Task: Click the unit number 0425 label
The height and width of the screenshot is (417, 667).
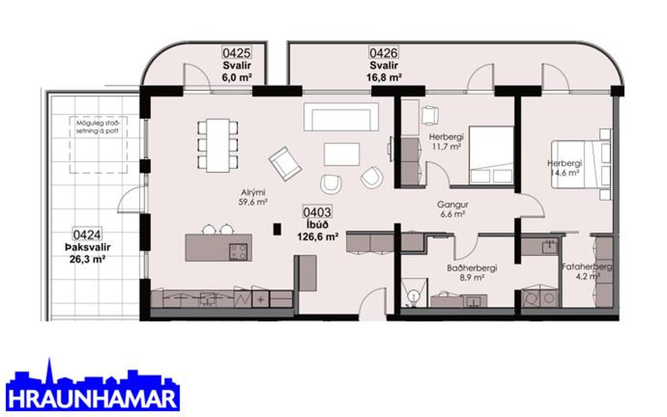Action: [237, 53]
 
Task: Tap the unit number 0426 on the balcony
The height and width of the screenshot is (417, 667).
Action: [383, 53]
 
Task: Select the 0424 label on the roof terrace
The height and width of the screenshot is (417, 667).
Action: [87, 235]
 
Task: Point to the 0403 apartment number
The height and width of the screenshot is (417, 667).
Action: [317, 212]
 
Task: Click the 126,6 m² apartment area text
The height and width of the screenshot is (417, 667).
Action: [318, 237]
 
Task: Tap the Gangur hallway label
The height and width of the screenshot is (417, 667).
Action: [453, 204]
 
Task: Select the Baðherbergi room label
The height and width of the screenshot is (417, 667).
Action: [472, 268]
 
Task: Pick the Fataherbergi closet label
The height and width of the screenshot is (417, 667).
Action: [587, 266]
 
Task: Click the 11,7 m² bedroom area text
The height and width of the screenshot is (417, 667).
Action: [446, 146]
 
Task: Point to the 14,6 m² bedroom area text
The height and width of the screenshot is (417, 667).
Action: [564, 173]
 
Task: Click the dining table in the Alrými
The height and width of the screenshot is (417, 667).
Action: [218, 145]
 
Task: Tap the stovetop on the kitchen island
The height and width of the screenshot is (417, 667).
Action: [238, 252]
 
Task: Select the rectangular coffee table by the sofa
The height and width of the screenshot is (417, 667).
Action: [342, 154]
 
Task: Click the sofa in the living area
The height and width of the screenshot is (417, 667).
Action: [341, 117]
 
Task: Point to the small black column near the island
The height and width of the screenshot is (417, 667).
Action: [277, 229]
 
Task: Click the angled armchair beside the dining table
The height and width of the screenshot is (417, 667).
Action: [285, 164]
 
